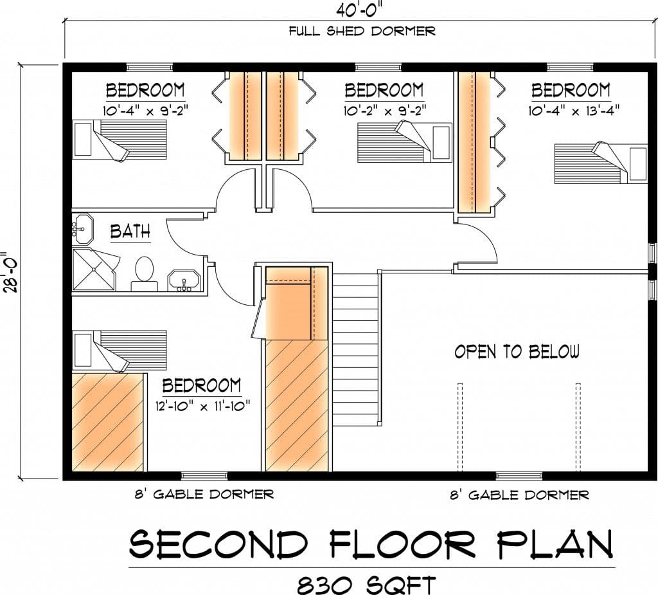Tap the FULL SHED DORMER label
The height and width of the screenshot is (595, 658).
362,31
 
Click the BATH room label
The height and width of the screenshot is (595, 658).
130,232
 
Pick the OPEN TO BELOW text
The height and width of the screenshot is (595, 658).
517,351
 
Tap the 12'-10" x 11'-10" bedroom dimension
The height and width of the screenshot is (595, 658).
202,406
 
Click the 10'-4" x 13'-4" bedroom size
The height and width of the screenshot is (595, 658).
574,111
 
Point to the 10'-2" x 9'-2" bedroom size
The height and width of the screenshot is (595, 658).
385,111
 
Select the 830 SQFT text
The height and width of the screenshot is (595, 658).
366,585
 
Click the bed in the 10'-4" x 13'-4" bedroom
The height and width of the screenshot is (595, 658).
601,163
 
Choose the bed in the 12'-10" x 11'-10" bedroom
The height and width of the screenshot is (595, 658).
120,351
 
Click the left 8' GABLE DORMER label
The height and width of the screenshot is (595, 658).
204,494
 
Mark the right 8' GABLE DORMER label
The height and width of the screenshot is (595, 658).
519,495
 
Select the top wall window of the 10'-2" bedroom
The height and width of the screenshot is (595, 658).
378,68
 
